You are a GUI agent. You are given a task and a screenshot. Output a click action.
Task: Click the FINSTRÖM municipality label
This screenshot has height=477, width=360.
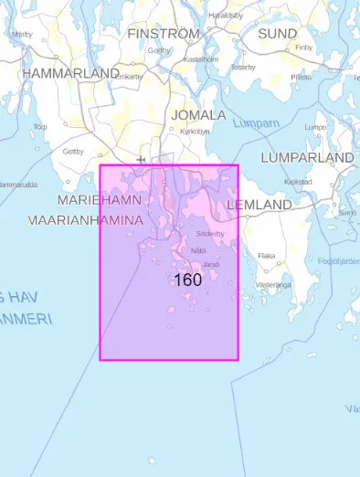coord(163,33)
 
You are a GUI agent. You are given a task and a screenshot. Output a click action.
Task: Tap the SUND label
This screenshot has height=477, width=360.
coord(277,34)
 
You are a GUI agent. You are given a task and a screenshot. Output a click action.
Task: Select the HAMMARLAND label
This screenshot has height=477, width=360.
coord(70,72)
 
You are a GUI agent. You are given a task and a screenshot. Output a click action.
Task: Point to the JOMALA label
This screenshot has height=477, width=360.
coord(198,115)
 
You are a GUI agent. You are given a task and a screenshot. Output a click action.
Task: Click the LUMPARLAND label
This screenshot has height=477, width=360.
coord(307,158)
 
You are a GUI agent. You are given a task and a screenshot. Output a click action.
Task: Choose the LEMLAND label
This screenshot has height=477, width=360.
coord(259,205)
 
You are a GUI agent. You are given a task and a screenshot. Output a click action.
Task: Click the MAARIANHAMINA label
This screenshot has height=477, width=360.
coord(86,220)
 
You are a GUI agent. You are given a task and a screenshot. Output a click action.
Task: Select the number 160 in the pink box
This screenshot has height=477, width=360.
coord(187,280)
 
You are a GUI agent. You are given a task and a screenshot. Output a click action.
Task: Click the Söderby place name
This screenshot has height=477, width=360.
coord(209,234)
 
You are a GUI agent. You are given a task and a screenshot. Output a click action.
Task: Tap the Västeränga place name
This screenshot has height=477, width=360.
coord(273,284)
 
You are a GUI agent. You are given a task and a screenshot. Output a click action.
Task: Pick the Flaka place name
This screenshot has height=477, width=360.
coord(267,256)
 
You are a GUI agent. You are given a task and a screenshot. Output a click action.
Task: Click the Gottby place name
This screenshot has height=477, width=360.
coord(73,151)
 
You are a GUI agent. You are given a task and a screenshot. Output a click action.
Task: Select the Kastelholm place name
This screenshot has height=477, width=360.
coord(200,59)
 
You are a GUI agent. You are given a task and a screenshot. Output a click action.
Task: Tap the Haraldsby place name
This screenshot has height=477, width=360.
coord(226,16)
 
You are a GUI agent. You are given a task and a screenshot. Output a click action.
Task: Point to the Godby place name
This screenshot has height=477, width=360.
coord(159,50)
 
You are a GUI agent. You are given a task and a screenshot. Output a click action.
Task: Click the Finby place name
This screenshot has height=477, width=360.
coord(304,47)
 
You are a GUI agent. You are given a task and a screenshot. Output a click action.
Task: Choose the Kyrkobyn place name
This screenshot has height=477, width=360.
coord(195,131)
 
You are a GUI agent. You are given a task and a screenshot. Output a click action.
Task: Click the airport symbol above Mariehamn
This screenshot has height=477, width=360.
coord(140,160)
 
